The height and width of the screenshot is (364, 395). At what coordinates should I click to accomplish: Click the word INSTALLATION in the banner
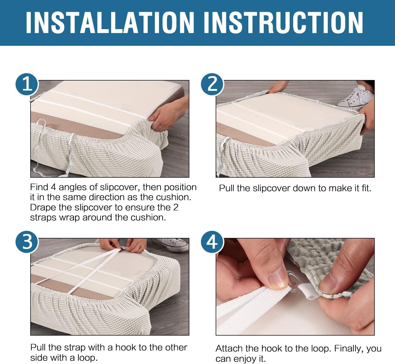click(110, 22)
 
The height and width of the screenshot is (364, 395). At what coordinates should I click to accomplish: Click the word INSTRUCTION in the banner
click(284, 22)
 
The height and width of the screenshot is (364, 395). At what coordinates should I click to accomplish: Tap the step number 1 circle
click(27, 84)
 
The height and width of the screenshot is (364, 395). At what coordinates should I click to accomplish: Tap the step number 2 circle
click(212, 84)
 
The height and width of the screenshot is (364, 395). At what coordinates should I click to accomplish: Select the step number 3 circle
click(27, 242)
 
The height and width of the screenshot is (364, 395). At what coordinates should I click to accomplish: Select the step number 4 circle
click(212, 242)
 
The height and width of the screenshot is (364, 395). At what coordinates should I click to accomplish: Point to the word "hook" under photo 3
click(126, 347)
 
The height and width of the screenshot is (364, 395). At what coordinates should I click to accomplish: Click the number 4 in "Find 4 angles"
click(53, 187)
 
